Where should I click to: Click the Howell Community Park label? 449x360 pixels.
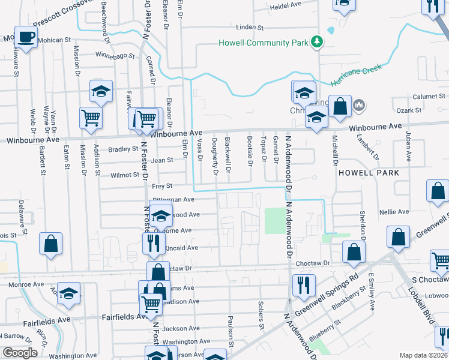(262, 43)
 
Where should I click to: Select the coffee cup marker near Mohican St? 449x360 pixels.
(26, 37)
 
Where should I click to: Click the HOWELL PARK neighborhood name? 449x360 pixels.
(369, 172)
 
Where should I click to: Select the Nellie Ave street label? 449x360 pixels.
(394, 212)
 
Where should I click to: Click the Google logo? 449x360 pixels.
(20, 352)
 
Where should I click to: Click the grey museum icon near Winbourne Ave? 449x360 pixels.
(359, 106)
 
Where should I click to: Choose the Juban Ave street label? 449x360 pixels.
(408, 148)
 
